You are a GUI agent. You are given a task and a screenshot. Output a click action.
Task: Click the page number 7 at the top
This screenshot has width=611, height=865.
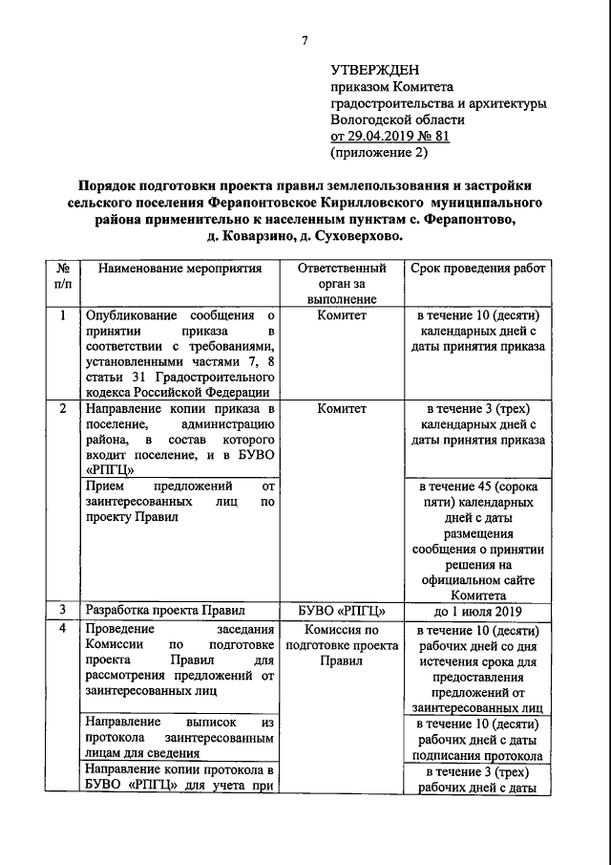pos(305,40)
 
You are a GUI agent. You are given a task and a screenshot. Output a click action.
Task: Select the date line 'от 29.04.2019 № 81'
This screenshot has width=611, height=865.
pos(389,136)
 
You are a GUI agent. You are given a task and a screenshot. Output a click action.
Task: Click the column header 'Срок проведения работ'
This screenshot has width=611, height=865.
pos(478,270)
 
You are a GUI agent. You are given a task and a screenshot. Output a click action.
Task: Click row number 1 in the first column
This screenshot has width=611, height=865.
pos(62,315)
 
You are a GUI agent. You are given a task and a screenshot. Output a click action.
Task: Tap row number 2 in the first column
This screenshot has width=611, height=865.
pos(62,409)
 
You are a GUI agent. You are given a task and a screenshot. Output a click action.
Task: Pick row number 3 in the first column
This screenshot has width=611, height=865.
pos(62,609)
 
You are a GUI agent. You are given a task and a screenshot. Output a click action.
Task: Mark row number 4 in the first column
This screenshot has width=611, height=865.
pos(62,630)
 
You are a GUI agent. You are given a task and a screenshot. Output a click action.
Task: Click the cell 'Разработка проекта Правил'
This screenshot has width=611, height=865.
pos(166,609)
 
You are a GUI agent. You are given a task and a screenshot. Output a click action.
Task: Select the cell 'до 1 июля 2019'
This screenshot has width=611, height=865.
pos(478,610)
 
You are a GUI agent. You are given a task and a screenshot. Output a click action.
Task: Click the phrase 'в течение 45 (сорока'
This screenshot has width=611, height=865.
pos(478,487)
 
